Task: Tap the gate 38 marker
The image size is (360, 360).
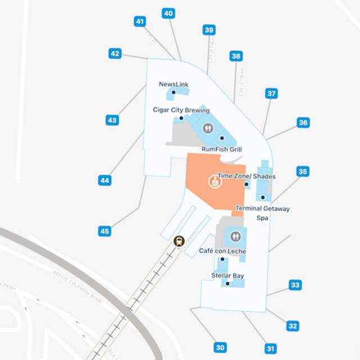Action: [x=236, y=56]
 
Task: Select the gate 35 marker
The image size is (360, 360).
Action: [x=303, y=172]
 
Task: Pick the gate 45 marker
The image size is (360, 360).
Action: [x=105, y=231]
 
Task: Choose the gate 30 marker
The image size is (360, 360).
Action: [x=220, y=347]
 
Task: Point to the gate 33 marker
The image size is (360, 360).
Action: [x=295, y=285]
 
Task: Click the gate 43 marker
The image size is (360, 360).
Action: [x=112, y=120]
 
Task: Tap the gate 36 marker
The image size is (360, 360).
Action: [x=303, y=123]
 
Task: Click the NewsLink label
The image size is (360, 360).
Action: [x=173, y=84]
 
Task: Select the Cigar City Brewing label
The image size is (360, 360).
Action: [x=181, y=110]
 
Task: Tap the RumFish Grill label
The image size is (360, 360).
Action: [x=222, y=149]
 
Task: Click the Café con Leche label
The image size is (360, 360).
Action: [x=222, y=251]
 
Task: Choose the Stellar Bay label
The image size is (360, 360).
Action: [x=227, y=276]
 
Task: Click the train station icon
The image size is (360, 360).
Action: [x=179, y=241]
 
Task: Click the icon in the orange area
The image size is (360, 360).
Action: [x=214, y=181]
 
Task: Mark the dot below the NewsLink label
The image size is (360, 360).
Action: [x=173, y=92]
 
